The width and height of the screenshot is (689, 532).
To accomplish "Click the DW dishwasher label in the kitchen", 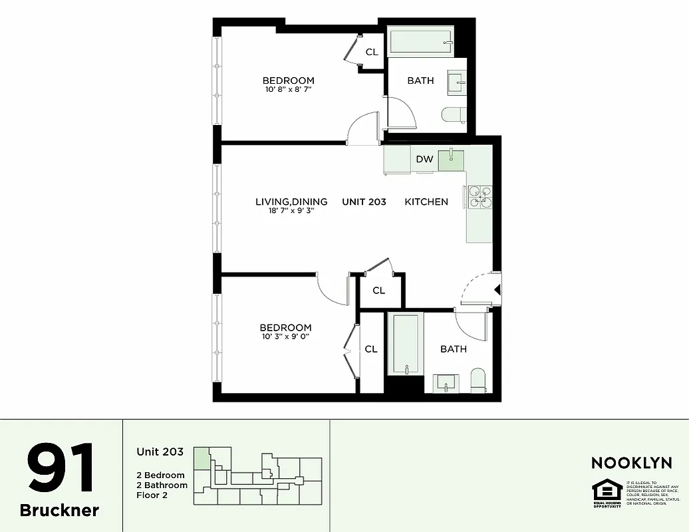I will (424, 159).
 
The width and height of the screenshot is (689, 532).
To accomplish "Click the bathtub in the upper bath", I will (420, 43).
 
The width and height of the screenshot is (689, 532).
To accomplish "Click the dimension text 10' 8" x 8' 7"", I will (287, 89).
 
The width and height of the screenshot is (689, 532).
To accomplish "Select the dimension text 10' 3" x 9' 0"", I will (285, 336).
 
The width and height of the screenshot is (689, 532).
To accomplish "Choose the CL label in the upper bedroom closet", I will (371, 52).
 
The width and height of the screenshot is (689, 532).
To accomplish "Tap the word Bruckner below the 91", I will (60, 510).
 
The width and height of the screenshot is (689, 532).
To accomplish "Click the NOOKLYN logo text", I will (631, 463).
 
